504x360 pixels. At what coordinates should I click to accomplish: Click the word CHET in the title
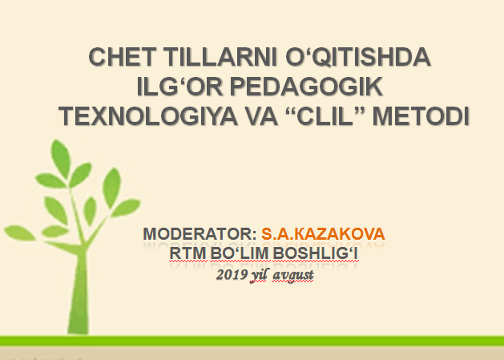[123, 57]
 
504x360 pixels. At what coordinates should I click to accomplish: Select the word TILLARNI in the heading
[220, 57]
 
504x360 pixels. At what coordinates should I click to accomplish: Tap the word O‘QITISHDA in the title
[358, 57]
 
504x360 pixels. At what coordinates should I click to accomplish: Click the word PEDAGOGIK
[306, 87]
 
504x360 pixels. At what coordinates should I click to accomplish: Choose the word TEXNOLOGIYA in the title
[148, 115]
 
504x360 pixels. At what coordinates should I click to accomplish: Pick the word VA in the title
[261, 115]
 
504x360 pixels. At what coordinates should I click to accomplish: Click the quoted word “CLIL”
[325, 115]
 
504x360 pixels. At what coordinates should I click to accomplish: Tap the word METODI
[421, 115]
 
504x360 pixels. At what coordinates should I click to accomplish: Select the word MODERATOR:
[200, 233]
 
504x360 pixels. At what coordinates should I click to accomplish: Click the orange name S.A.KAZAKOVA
[323, 233]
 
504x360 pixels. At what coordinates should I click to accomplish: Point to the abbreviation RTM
[187, 253]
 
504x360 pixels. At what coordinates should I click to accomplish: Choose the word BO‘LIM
[240, 253]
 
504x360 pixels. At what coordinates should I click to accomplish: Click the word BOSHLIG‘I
[316, 253]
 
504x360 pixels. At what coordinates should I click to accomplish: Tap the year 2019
[232, 274]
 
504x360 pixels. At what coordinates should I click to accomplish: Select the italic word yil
[259, 275]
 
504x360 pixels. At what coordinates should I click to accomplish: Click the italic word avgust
[292, 276]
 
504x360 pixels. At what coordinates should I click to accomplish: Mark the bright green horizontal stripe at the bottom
[252, 341]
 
